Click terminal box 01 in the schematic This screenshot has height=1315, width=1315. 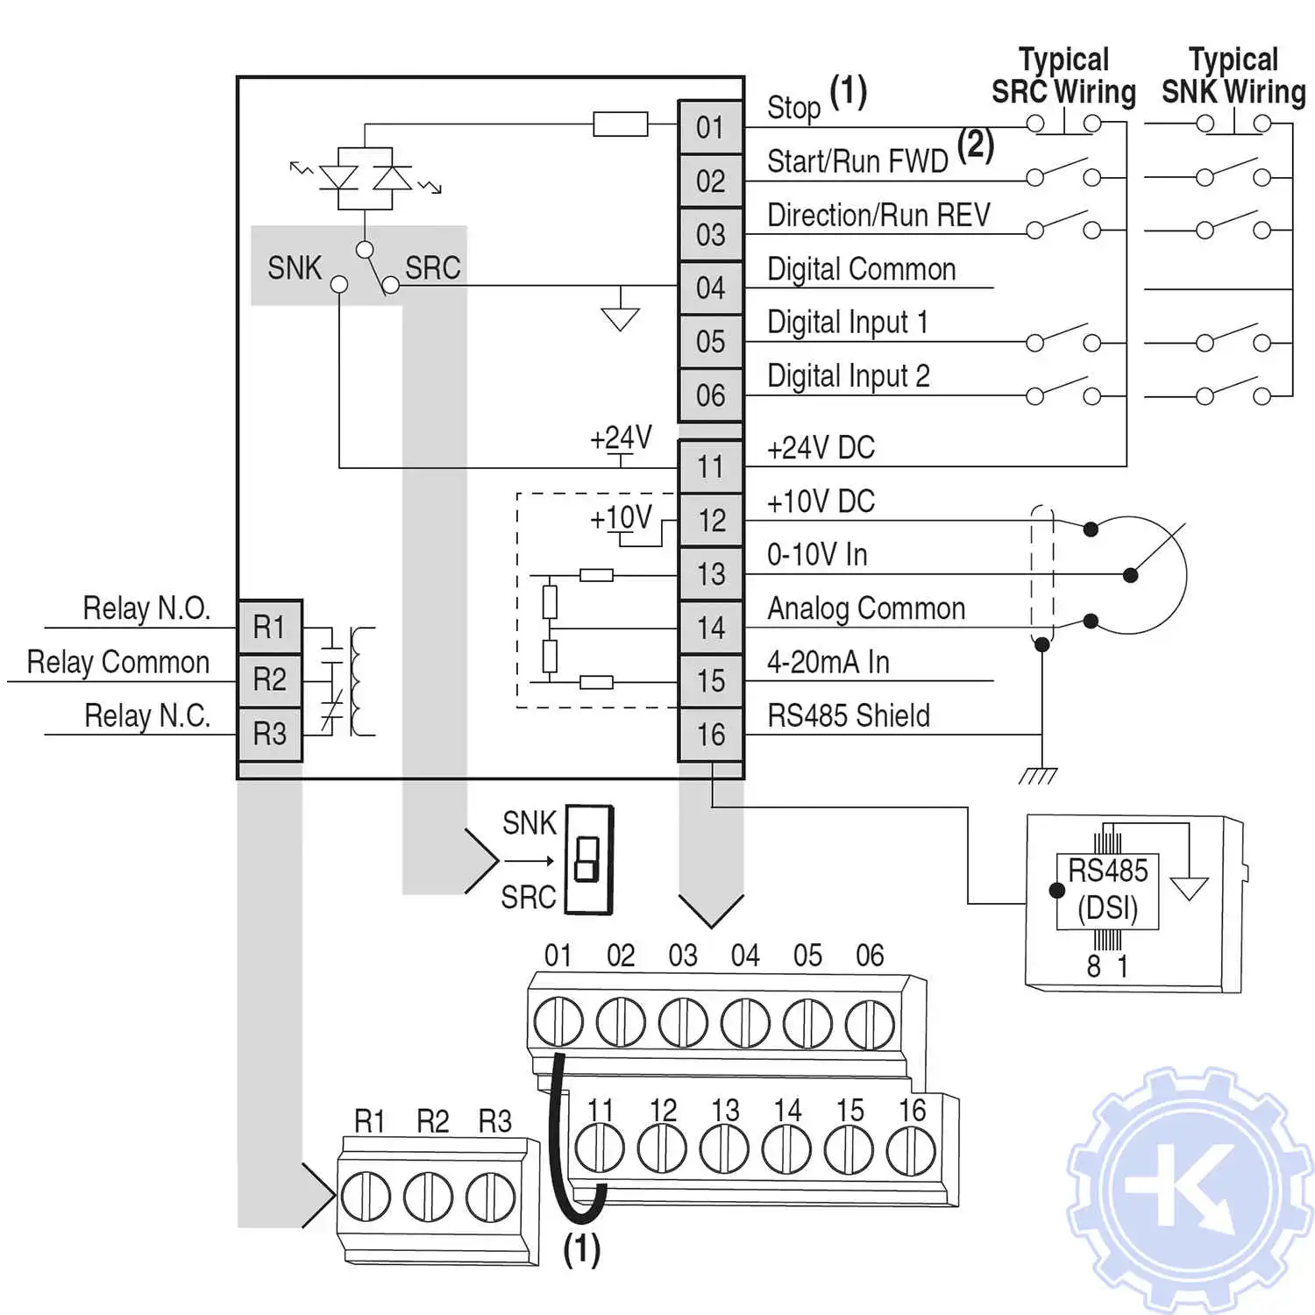tap(710, 128)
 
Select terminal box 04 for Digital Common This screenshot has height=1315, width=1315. tap(710, 288)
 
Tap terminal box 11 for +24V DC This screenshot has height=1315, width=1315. tap(710, 466)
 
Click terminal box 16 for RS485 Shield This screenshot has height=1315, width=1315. tap(710, 735)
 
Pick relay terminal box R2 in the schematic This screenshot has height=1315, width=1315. tap(270, 680)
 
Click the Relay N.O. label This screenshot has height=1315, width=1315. tap(146, 608)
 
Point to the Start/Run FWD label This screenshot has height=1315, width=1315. tap(857, 161)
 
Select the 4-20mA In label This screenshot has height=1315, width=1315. tap(828, 663)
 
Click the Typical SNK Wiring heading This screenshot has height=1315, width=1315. tap(1233, 76)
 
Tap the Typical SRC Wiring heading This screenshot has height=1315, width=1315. tap(1063, 76)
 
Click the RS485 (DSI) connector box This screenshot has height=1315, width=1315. tap(1108, 890)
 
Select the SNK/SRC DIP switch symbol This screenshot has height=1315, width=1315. tap(588, 860)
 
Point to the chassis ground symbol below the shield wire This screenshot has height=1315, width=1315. tap(1040, 774)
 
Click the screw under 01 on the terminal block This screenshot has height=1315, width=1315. tap(558, 1022)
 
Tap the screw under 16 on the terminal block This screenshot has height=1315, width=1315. tap(911, 1150)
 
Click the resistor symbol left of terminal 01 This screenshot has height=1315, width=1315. tap(620, 124)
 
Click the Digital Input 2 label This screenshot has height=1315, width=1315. tap(848, 377)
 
